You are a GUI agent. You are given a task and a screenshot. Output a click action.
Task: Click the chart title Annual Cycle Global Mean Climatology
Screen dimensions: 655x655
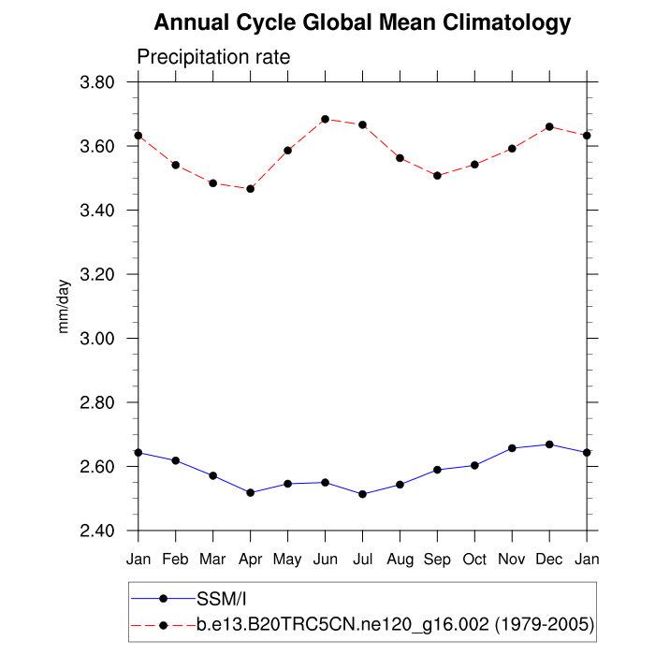362,22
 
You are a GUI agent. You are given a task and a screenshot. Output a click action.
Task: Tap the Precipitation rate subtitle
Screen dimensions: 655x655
213,57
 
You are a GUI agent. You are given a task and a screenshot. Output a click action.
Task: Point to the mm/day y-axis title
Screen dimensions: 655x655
64,307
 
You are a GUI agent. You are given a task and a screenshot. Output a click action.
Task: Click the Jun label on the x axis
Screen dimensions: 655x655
325,560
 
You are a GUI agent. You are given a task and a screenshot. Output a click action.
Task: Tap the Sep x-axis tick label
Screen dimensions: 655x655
437,560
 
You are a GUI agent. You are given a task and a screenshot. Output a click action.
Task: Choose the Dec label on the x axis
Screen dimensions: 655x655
549,560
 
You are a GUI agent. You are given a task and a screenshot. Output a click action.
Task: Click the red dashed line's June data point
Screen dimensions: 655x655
325,119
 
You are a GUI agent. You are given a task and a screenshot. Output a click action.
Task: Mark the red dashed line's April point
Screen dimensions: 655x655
250,189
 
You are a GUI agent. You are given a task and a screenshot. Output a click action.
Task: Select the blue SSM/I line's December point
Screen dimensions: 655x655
549,444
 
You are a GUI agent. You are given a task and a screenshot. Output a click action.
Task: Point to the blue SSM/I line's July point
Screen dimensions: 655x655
362,494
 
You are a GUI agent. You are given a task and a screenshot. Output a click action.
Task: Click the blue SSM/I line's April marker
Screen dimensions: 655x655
250,492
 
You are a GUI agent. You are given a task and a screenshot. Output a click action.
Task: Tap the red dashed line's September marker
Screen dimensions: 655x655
437,176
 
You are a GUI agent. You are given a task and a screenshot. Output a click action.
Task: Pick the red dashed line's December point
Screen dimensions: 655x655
549,126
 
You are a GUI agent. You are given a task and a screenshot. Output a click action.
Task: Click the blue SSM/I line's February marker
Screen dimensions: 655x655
175,460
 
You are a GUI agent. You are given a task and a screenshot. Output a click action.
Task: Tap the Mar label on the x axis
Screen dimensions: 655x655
212,560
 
